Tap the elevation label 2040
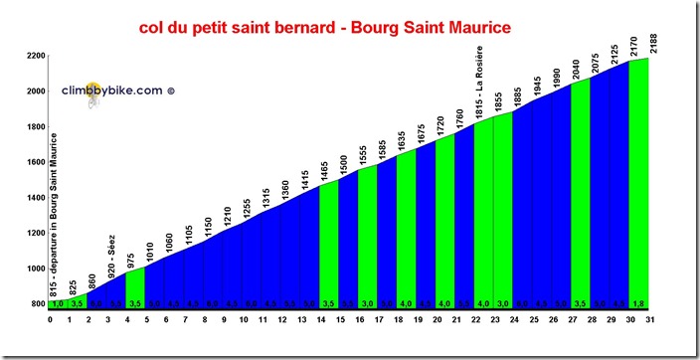[575, 65]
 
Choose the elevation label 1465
[323, 166]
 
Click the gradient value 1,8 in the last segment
[639, 304]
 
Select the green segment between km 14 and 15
[329, 239]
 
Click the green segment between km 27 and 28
[582, 189]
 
